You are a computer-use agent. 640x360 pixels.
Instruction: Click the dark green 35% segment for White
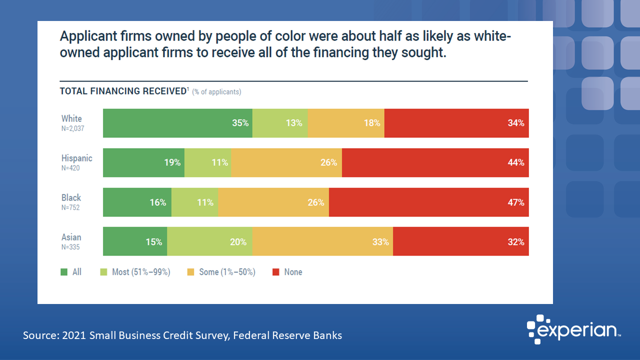(177, 123)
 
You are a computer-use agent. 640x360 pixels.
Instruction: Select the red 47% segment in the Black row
(428, 202)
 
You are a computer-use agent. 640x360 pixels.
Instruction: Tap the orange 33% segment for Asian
(322, 242)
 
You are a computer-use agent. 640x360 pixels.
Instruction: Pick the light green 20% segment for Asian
(209, 242)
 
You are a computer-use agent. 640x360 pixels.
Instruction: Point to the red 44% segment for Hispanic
(435, 162)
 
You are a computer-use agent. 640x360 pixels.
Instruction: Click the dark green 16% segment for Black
(137, 202)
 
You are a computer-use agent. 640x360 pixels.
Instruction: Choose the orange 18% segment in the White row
(345, 123)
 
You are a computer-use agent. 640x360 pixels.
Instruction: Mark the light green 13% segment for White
(279, 123)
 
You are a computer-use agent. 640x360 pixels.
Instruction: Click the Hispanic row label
(77, 158)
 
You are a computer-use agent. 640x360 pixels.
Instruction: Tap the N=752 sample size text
(71, 207)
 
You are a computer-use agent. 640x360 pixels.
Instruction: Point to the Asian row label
(71, 237)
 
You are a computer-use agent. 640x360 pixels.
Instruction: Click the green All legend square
(64, 272)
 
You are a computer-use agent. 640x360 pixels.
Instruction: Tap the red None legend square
(275, 272)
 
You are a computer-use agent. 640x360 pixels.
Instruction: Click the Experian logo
(574, 329)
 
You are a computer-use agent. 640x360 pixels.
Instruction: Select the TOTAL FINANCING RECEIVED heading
(123, 91)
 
